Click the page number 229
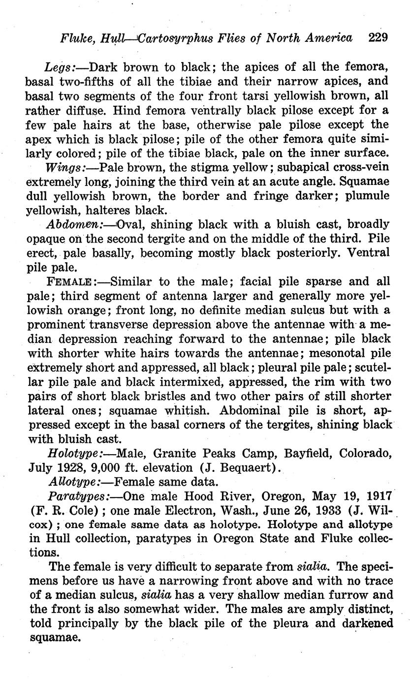click(x=378, y=37)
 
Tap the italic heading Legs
click(x=59, y=66)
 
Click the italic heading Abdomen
click(x=74, y=224)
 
